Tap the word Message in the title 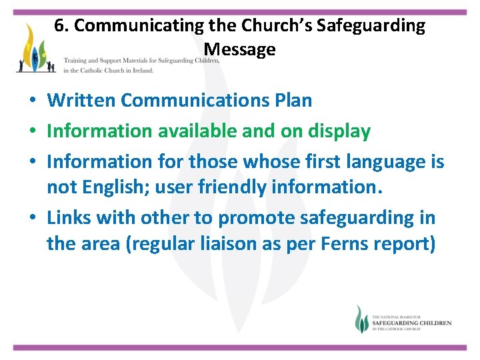(x=239, y=49)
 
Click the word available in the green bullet (x=193, y=131)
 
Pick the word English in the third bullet (x=111, y=188)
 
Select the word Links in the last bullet (x=69, y=218)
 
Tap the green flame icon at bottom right (x=361, y=319)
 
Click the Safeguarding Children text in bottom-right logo (x=411, y=323)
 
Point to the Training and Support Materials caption (x=141, y=61)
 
